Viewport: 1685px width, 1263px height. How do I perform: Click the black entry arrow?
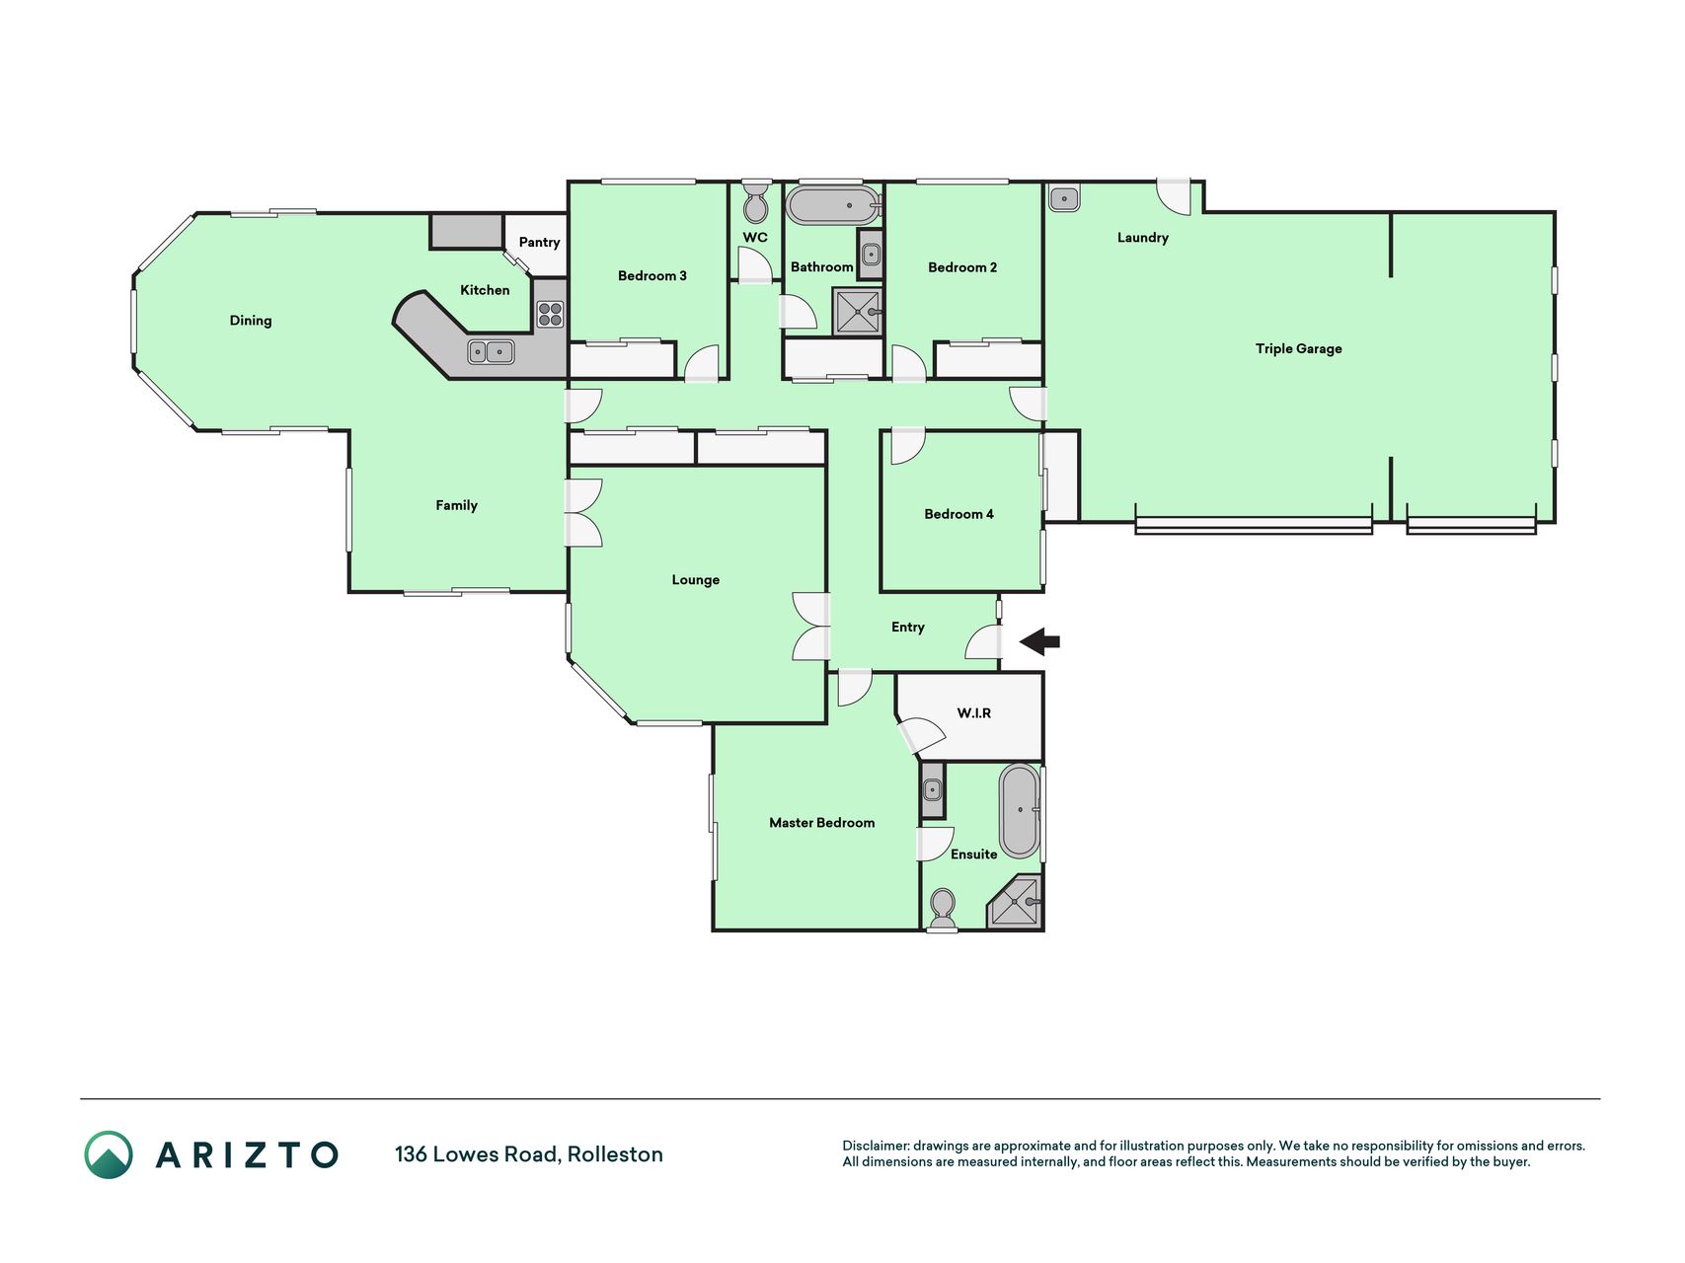(x=1039, y=641)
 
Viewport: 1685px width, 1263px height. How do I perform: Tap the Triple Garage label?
(x=1298, y=348)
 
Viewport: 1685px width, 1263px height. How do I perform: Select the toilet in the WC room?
(x=756, y=201)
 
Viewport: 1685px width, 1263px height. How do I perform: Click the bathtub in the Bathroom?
(x=834, y=205)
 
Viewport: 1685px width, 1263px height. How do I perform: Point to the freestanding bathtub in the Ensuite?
(x=1020, y=811)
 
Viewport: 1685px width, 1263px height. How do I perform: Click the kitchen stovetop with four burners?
(x=550, y=315)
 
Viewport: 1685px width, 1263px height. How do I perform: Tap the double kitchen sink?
(x=491, y=350)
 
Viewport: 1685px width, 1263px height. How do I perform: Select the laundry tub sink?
(x=1064, y=198)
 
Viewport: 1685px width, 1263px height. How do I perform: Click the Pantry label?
(x=539, y=243)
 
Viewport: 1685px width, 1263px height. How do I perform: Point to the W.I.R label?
(x=974, y=713)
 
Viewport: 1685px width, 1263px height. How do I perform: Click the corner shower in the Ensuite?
(x=1015, y=902)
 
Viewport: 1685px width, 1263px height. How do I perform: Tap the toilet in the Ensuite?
(x=943, y=910)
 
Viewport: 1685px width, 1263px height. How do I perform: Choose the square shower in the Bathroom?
(x=857, y=312)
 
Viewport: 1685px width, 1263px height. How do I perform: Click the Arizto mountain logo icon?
(x=109, y=1154)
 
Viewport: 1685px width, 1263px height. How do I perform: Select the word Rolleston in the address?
(x=615, y=1154)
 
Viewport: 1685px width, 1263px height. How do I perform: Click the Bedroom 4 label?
(x=958, y=514)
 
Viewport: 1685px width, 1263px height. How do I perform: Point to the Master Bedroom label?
(x=822, y=823)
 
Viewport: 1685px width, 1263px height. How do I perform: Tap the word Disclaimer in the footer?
(x=875, y=1146)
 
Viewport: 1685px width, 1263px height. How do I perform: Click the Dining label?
(x=251, y=321)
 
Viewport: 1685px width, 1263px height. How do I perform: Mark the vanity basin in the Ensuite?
(x=932, y=790)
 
